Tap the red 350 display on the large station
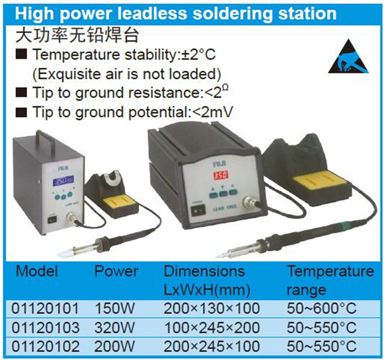point(221,175)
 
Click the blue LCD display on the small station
point(63,181)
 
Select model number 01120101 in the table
point(45,308)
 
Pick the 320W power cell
point(115,327)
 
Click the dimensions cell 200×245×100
point(212,347)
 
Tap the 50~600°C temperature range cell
point(321,308)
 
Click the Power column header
point(116,271)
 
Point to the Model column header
point(37,271)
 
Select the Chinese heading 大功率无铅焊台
point(77,35)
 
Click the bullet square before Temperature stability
point(21,54)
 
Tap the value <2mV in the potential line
point(212,112)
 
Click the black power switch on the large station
point(199,210)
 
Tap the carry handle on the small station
point(45,141)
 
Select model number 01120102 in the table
point(45,347)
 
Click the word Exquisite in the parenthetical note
point(68,74)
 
